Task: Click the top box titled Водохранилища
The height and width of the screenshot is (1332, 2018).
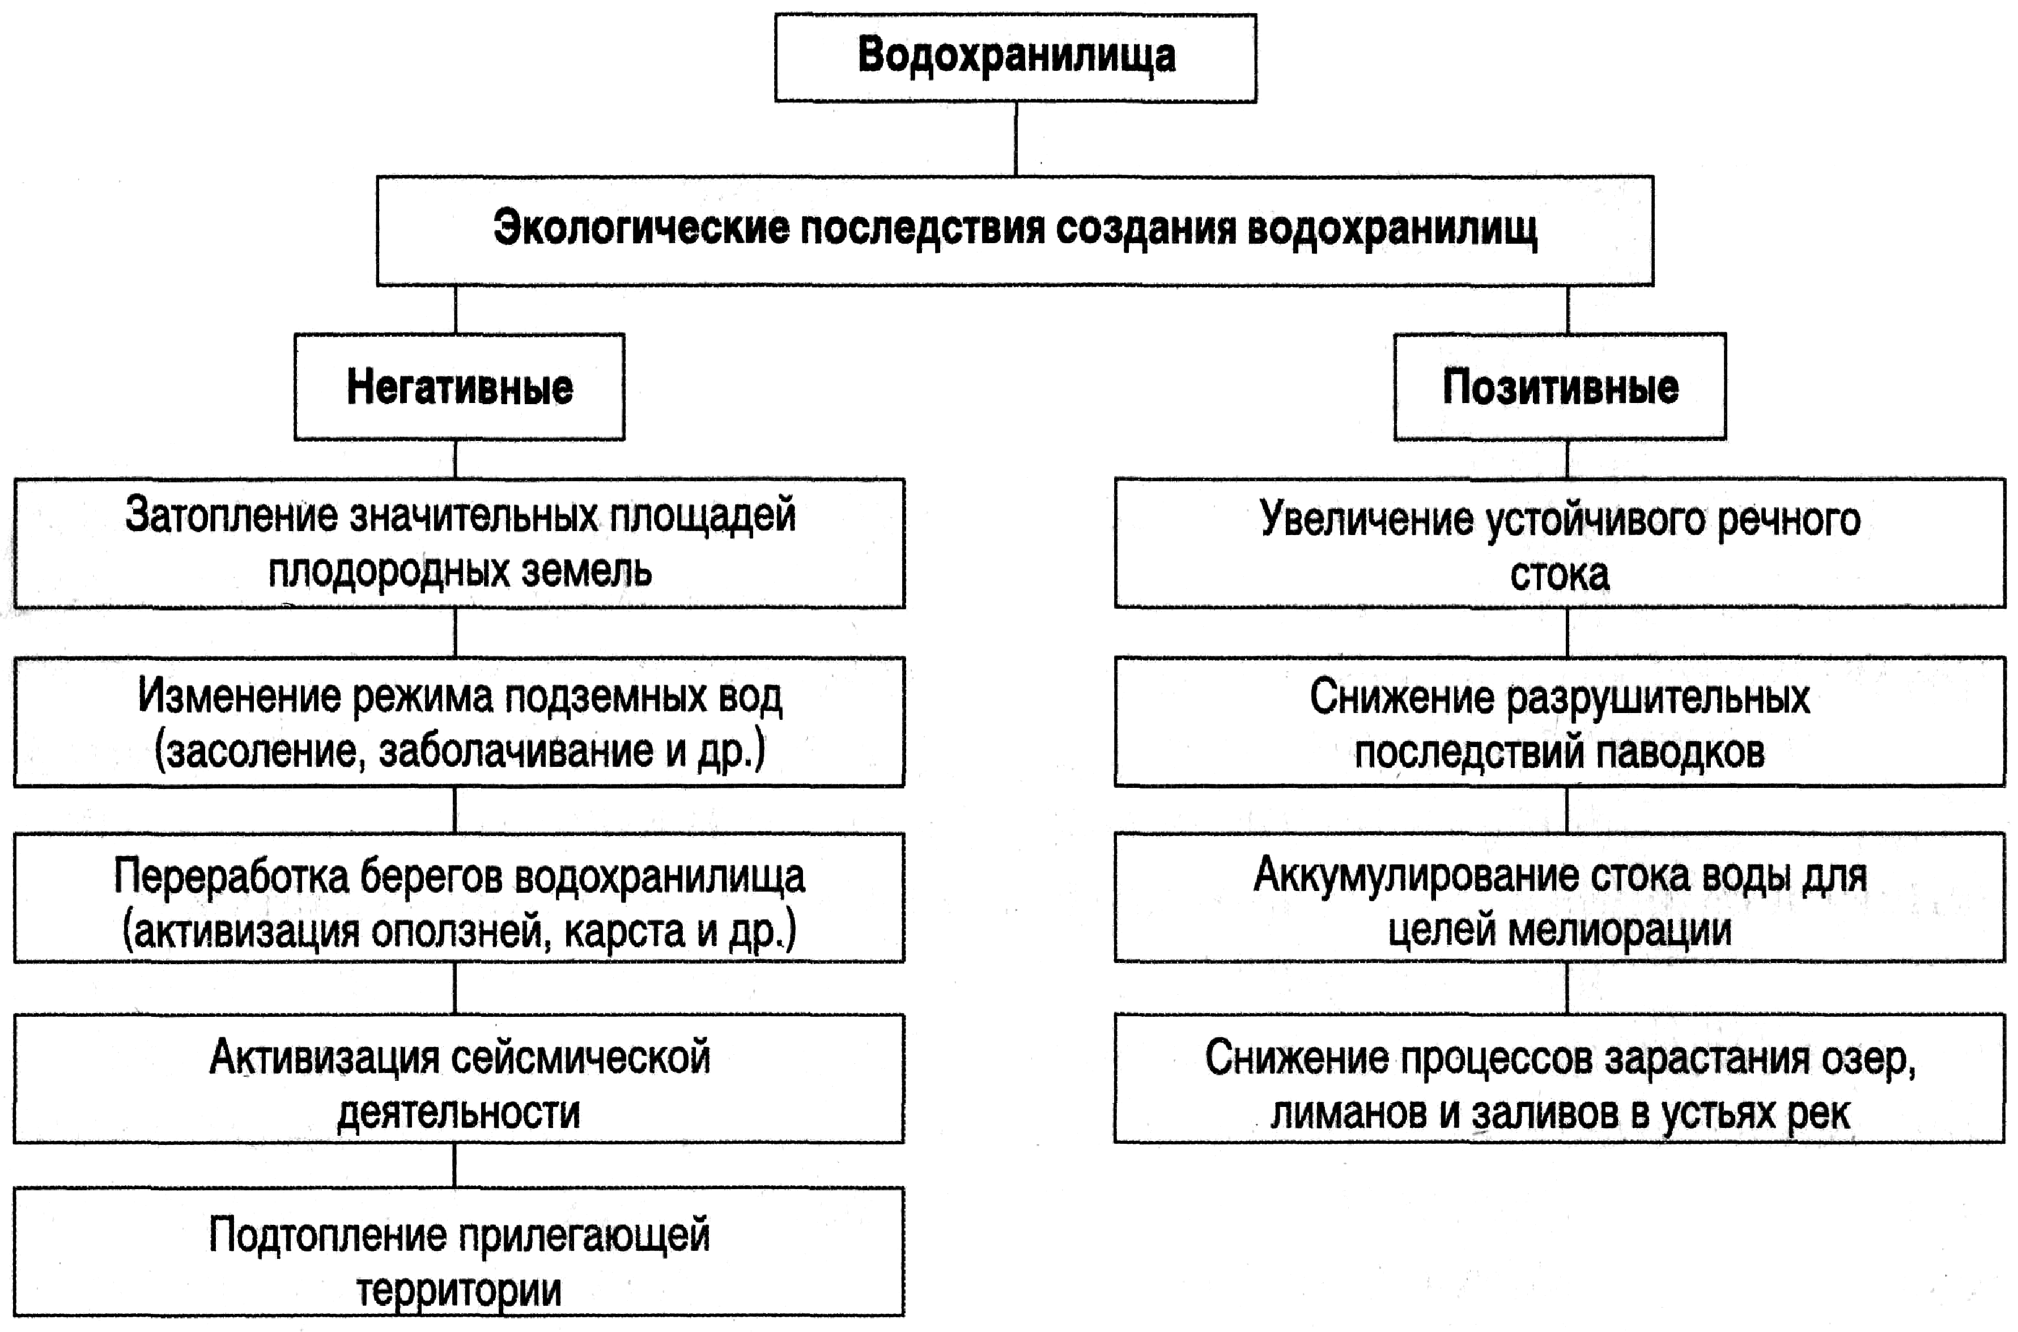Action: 1015,58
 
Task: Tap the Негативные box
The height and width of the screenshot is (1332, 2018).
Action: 460,387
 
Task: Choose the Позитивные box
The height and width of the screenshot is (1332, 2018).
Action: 1560,387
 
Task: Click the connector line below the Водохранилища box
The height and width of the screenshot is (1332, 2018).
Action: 1016,138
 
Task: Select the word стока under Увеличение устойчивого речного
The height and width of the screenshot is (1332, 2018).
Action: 1560,574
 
